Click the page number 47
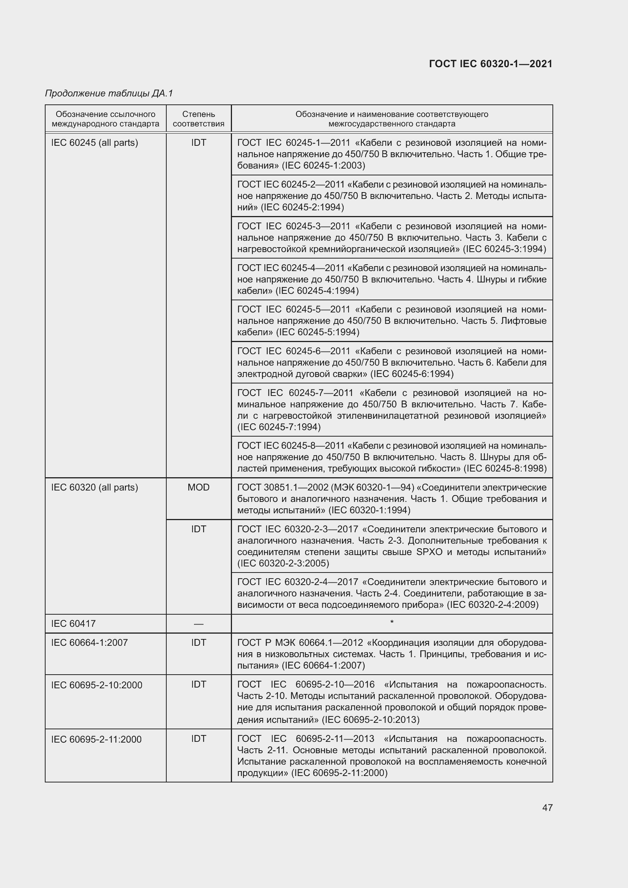[x=547, y=808]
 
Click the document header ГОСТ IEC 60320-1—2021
[x=491, y=64]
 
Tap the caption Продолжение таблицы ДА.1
[x=109, y=93]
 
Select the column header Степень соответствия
[x=198, y=119]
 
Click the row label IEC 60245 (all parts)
[x=95, y=143]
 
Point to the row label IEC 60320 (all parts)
[x=95, y=487]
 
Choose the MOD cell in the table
[x=198, y=487]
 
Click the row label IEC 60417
[x=74, y=623]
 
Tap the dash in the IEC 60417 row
[x=198, y=624]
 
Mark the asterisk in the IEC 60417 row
[x=392, y=622]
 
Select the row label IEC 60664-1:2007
[x=89, y=642]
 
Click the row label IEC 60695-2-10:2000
[x=97, y=685]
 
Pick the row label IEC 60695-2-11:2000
[x=96, y=739]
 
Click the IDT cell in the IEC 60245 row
[x=198, y=143]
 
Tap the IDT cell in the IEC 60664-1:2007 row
[x=198, y=642]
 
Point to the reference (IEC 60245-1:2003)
[x=323, y=166]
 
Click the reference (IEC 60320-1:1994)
[x=369, y=510]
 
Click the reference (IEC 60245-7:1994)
[x=279, y=427]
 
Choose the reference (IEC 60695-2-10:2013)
[x=371, y=719]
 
